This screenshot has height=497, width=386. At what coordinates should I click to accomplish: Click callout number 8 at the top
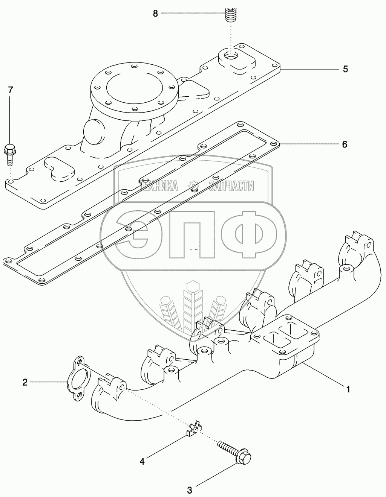click(x=155, y=14)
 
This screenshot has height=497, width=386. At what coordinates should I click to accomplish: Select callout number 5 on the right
click(x=345, y=69)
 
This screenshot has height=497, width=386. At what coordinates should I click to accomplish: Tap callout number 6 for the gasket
click(x=345, y=144)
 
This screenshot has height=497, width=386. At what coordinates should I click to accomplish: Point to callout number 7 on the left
click(x=10, y=90)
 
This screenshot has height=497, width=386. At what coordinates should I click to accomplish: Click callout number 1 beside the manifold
click(x=348, y=389)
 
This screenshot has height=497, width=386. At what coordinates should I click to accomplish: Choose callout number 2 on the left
click(x=25, y=382)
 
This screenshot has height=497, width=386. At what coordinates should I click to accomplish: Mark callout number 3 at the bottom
click(x=190, y=490)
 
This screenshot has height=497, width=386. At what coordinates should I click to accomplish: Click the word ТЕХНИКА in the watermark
click(x=158, y=185)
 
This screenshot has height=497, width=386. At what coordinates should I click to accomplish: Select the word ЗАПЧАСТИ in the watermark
click(x=231, y=185)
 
